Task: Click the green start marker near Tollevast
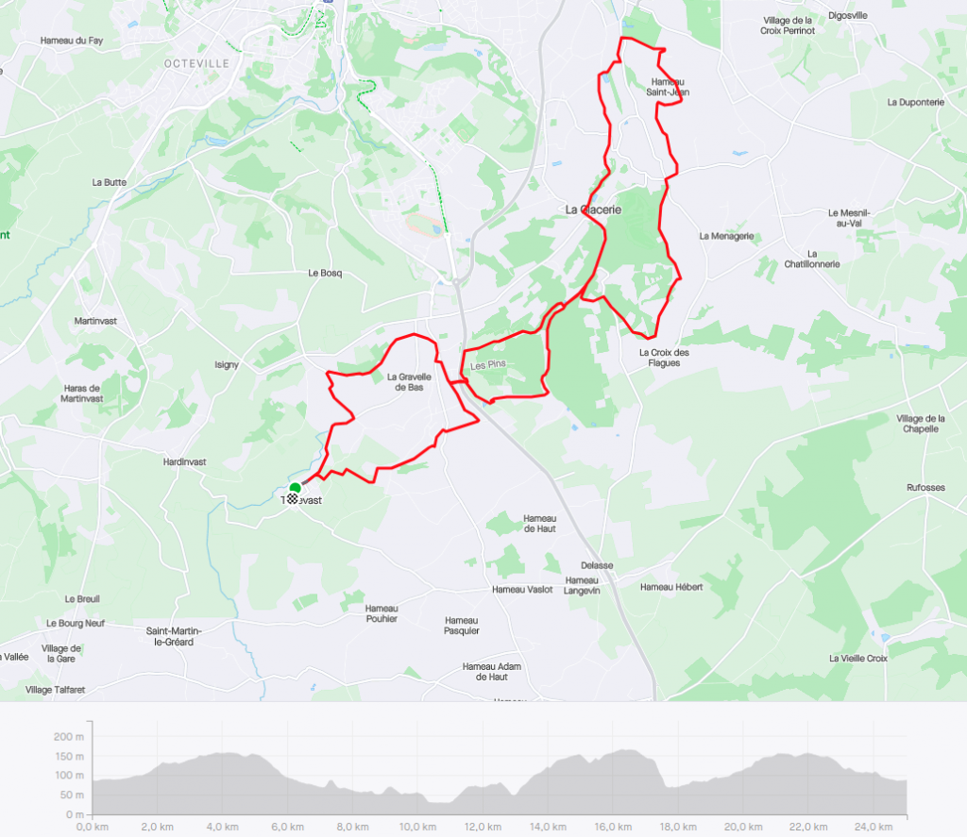click(x=294, y=488)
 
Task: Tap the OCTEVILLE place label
click(x=196, y=63)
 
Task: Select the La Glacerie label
click(x=593, y=209)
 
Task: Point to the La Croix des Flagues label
click(x=664, y=358)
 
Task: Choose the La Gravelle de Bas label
click(x=409, y=382)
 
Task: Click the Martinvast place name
click(x=95, y=321)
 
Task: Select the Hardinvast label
click(x=184, y=462)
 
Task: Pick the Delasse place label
click(x=598, y=565)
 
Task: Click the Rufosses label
click(x=925, y=488)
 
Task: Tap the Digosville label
click(x=847, y=15)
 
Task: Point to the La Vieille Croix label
click(x=858, y=658)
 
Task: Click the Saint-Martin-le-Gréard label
click(x=170, y=636)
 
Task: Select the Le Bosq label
click(x=325, y=273)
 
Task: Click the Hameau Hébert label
click(x=670, y=587)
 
